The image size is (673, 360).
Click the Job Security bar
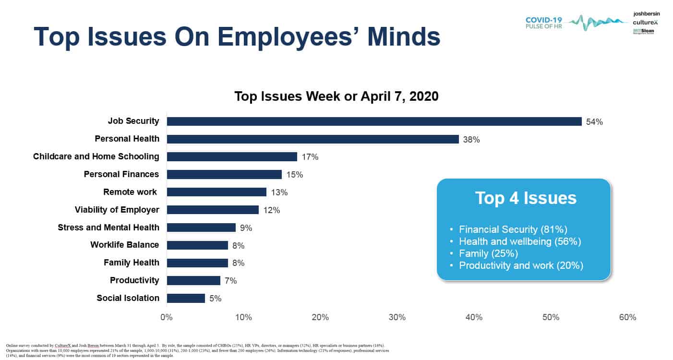tap(374, 121)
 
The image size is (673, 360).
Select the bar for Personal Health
tap(312, 139)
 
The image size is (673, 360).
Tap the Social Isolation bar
tap(186, 298)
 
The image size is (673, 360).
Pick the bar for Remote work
tap(216, 192)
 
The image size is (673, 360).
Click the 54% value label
tap(594, 122)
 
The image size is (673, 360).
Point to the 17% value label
tap(310, 157)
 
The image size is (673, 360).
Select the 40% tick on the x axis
tap(474, 318)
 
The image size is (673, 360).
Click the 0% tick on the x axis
tap(167, 318)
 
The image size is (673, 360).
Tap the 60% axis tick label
tap(627, 318)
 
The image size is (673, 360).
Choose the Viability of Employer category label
tap(117, 210)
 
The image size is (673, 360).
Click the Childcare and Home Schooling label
tap(96, 156)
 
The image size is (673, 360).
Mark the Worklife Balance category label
tap(124, 245)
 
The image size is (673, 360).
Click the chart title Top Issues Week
tap(336, 96)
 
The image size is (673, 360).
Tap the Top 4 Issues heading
tap(526, 198)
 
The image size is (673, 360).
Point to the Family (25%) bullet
tap(488, 253)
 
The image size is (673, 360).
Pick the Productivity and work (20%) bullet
tap(521, 265)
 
